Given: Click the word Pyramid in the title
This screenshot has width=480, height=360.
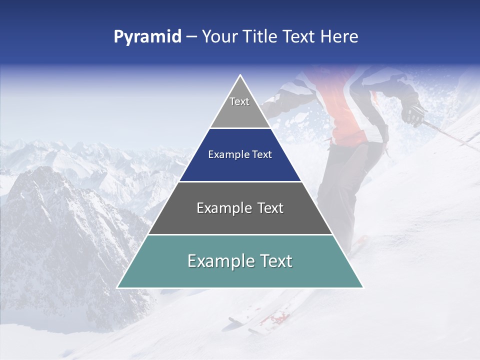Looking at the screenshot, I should point(147,37).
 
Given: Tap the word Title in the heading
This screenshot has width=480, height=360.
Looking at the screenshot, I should point(260,37).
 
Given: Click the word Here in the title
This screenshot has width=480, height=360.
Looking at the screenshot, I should point(339,37).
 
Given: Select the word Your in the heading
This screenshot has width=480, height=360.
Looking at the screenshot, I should point(219,37).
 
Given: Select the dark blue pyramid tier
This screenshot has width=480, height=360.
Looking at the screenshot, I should point(240,162).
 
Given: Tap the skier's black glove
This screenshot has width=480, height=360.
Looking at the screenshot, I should point(413,113).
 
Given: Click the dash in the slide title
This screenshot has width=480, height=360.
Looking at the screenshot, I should point(191,37).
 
